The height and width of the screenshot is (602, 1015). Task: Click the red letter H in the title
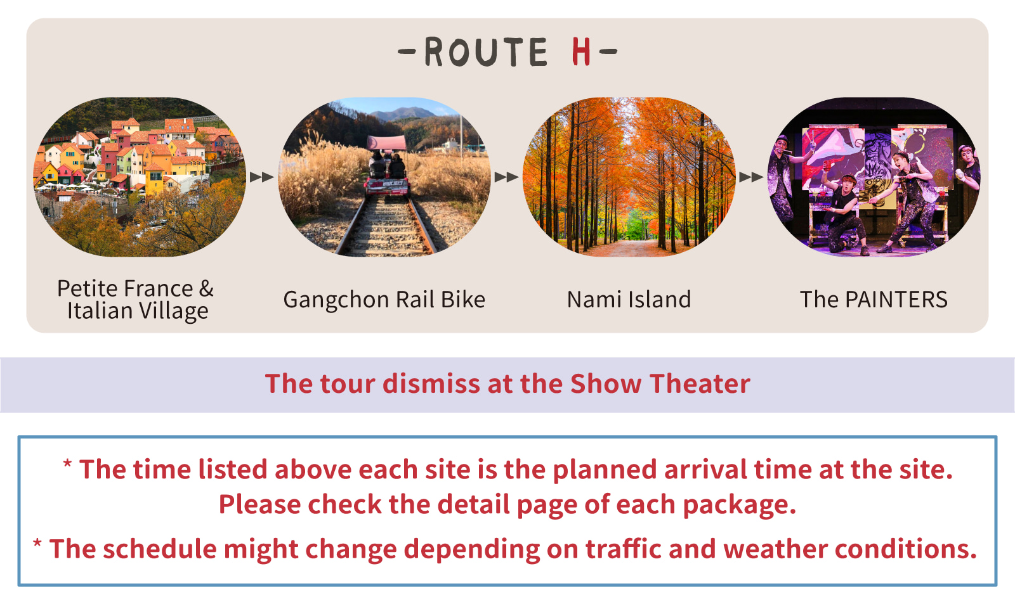[x=581, y=52]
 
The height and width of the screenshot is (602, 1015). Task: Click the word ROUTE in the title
[x=485, y=52]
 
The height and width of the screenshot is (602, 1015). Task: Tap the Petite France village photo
[x=140, y=177]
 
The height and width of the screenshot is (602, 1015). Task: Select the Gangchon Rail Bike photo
[x=384, y=177]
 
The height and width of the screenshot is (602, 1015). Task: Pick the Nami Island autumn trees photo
[x=629, y=177]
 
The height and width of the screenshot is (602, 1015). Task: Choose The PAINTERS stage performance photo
[x=874, y=177]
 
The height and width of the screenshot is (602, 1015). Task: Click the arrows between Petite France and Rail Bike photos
[x=261, y=177]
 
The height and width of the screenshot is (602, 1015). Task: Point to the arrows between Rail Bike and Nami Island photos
[x=506, y=177]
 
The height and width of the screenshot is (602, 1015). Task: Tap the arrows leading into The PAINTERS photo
[x=751, y=177]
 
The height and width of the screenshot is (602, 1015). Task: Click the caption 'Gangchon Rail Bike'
[x=384, y=300]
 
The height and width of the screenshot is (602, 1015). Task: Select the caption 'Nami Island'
[x=629, y=300]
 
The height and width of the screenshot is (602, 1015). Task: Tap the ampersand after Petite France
[x=206, y=289]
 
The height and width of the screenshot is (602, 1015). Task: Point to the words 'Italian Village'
[x=138, y=311]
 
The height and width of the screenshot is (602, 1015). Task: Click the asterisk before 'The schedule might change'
[x=38, y=544]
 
